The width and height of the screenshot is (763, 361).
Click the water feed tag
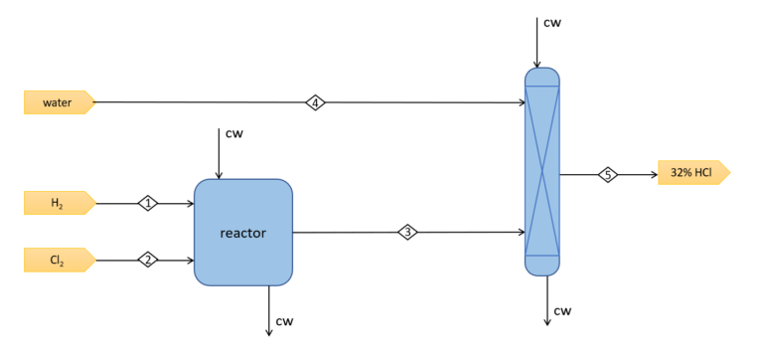pyautogui.click(x=58, y=102)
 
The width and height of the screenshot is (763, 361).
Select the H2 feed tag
pyautogui.click(x=58, y=203)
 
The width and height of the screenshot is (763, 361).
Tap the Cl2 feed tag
pyautogui.click(x=58, y=261)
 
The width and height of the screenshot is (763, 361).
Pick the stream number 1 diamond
pyautogui.click(x=148, y=203)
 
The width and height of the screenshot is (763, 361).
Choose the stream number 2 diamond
pyautogui.click(x=148, y=261)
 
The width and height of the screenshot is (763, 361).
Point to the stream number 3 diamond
pyautogui.click(x=407, y=233)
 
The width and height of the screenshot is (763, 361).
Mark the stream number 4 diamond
pyautogui.click(x=315, y=102)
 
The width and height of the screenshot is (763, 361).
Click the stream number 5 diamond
pyautogui.click(x=607, y=174)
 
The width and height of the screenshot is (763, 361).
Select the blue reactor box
pyautogui.click(x=243, y=259)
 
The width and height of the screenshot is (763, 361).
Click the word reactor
pyautogui.click(x=243, y=233)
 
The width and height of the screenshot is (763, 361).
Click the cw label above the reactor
pyautogui.click(x=233, y=133)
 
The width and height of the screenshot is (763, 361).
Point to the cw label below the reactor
pyautogui.click(x=285, y=320)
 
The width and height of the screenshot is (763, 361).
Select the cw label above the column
pyautogui.click(x=552, y=22)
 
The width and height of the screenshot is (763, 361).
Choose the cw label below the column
pyautogui.click(x=562, y=311)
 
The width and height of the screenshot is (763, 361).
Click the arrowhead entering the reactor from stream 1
pyautogui.click(x=189, y=203)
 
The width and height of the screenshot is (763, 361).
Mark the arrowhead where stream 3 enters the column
pyautogui.click(x=521, y=233)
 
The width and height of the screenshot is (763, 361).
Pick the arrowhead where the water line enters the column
pyautogui.click(x=521, y=102)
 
